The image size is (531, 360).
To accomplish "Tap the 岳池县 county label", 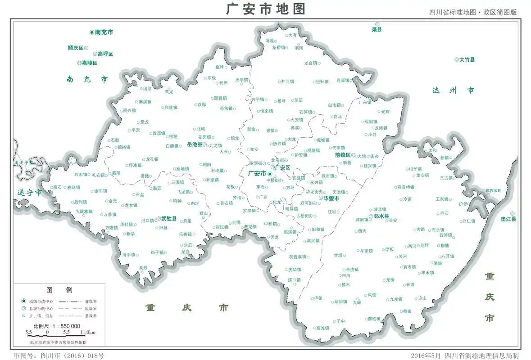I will [x=195, y=144].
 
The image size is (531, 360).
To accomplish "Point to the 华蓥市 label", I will [x=331, y=198].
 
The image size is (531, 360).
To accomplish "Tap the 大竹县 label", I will [x=467, y=59].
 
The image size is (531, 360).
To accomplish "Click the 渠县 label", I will [x=377, y=29].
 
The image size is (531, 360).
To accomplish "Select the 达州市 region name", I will [x=453, y=90].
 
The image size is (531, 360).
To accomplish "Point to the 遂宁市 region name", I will [x=29, y=193].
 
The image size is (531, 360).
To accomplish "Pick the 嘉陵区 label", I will [x=89, y=63].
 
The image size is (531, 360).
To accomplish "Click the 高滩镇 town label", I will [x=322, y=328].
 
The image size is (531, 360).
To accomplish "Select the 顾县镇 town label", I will [x=220, y=98].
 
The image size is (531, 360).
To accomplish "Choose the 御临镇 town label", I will [x=374, y=319].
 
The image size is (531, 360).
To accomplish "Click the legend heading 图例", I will [x=59, y=290].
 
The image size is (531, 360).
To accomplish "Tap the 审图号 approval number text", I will [x=59, y=355].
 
